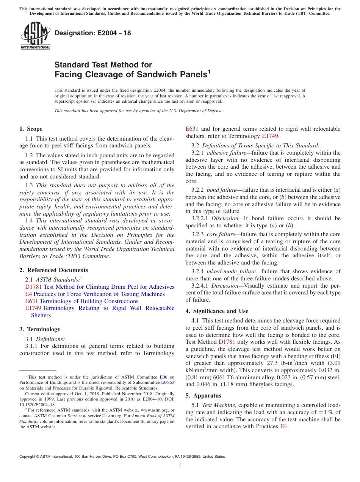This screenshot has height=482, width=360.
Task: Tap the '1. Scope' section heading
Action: point(31,129)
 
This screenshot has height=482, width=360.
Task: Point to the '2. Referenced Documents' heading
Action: point(53,270)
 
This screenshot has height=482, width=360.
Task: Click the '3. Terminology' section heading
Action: point(40,329)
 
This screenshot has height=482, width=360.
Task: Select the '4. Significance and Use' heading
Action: point(217,311)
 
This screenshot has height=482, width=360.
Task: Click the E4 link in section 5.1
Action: point(283,426)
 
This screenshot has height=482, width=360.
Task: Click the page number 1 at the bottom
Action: point(180,466)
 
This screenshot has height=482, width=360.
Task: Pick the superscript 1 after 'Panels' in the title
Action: point(209,71)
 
